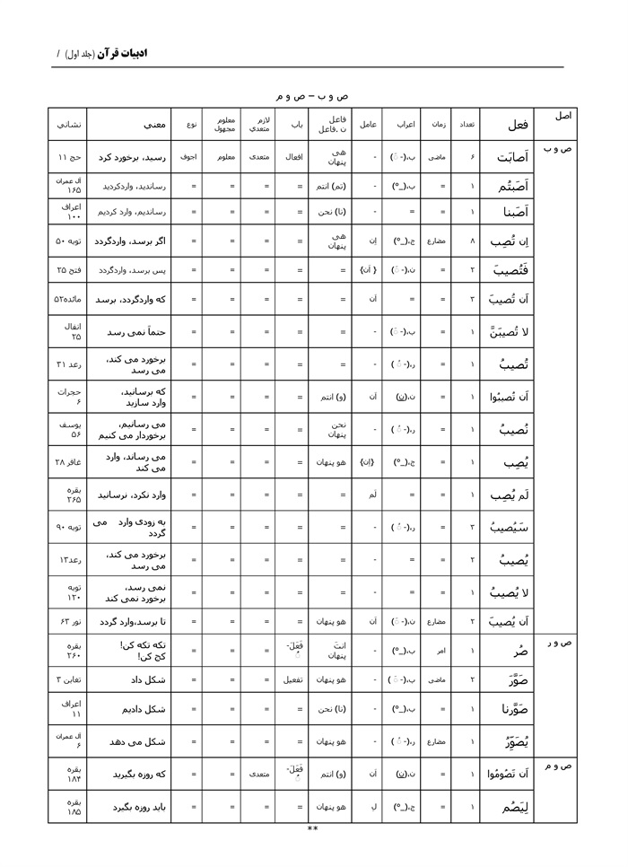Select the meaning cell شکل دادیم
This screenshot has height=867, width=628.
144,710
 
